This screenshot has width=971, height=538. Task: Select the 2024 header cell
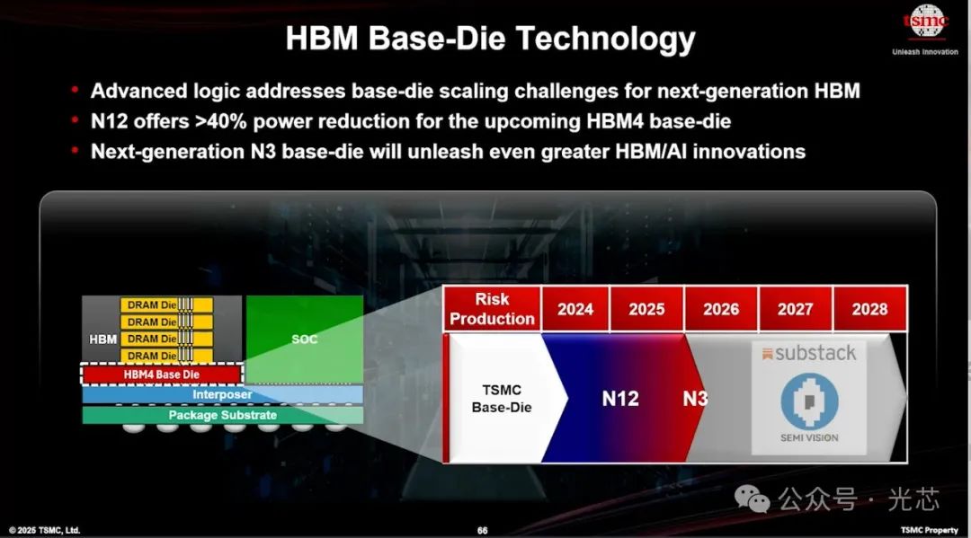[575, 309]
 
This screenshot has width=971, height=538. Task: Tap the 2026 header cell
[721, 309]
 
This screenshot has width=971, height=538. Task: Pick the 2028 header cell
[870, 309]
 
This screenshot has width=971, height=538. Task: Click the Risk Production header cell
[493, 309]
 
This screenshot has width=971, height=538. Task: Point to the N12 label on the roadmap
[619, 399]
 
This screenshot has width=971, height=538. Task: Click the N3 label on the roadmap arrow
[695, 399]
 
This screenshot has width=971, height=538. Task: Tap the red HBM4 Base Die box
[162, 375]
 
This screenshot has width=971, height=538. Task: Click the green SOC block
[305, 339]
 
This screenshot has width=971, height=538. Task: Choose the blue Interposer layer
[222, 394]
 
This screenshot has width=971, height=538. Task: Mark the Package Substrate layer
[222, 415]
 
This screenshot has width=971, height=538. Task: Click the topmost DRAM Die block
[166, 304]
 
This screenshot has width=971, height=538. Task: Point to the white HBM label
[102, 340]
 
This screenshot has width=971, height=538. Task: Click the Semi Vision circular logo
[809, 401]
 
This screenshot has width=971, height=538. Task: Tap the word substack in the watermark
[815, 352]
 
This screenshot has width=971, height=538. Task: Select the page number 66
[483, 531]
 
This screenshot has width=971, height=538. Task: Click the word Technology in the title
[605, 39]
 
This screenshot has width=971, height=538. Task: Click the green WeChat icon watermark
[752, 498]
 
